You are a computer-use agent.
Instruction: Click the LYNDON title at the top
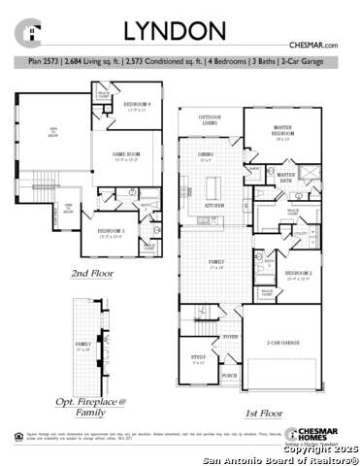(x=180, y=32)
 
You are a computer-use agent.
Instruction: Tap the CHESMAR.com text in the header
(x=312, y=46)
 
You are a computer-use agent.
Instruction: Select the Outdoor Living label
(x=202, y=118)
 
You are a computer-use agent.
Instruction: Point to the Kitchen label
(x=215, y=206)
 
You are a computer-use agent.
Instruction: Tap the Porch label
(x=229, y=374)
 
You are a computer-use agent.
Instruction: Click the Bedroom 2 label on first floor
(x=297, y=276)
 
